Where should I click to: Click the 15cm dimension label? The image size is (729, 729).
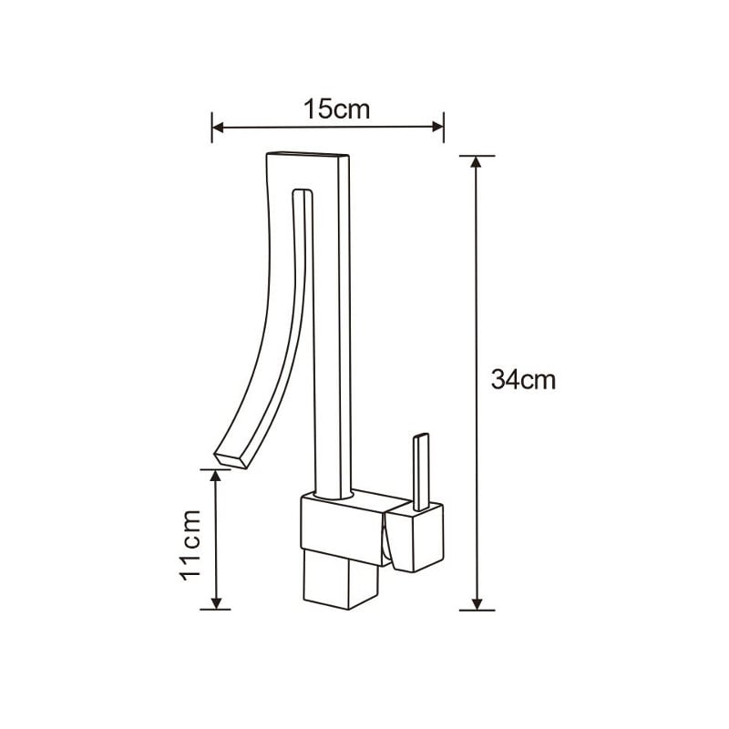click(336, 110)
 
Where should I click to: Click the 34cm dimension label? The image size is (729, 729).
click(522, 380)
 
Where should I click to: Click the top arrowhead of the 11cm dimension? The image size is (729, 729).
click(217, 475)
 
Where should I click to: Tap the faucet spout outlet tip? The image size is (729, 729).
click(231, 458)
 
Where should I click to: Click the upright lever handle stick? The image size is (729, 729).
click(420, 470)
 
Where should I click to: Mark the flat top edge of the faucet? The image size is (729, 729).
click(308, 155)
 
